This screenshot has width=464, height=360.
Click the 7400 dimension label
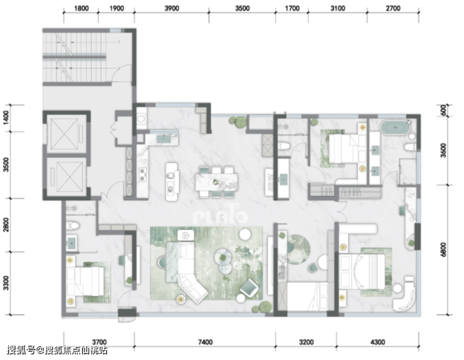(205, 342)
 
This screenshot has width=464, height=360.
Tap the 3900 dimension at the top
(172, 8)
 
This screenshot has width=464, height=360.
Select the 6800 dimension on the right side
(443, 250)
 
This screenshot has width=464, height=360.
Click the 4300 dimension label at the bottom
(377, 342)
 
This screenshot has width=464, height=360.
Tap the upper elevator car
(66, 132)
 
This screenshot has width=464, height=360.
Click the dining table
(216, 182)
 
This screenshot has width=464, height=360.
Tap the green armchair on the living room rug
(249, 287)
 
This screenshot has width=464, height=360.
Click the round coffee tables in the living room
(224, 260)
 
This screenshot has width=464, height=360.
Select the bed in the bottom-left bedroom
(85, 280)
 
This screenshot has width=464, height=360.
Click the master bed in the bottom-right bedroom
(362, 271)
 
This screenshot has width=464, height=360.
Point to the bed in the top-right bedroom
(344, 149)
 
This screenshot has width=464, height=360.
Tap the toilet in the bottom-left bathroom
(73, 226)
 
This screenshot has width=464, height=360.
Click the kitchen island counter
(172, 182)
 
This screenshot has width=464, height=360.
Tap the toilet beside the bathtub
(410, 147)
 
